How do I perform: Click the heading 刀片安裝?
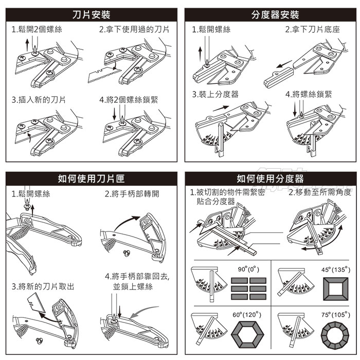[x=91, y=14]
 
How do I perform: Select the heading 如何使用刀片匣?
[x=91, y=178]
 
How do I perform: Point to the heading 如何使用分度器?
[x=270, y=178]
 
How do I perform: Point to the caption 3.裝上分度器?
[x=215, y=95]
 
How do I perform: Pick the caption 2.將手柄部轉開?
[x=132, y=194]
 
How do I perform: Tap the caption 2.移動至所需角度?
[x=320, y=192]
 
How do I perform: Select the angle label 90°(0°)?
[x=249, y=269]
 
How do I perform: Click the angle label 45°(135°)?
[x=335, y=269]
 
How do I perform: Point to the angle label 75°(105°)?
[x=335, y=314]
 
